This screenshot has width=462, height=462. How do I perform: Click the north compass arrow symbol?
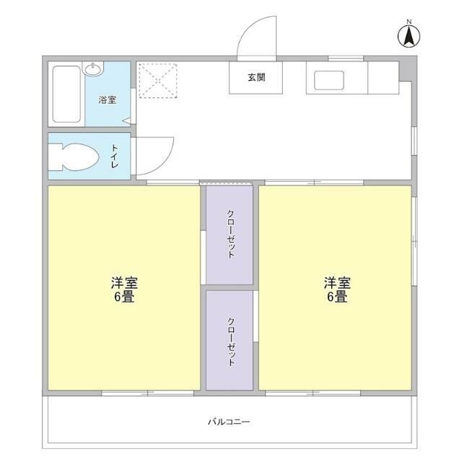click(409, 36)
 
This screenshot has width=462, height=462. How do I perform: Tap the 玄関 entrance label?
click(256, 77)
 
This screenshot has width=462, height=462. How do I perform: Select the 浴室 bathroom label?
click(108, 100)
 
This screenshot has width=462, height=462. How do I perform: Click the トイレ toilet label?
click(115, 156)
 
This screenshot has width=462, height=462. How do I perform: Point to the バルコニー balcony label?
click(229, 422)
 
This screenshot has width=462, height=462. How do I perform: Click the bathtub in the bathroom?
click(66, 95)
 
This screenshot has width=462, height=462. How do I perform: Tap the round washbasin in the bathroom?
click(93, 69)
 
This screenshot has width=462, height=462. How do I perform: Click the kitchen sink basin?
click(329, 80)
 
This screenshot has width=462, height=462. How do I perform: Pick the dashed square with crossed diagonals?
click(158, 80)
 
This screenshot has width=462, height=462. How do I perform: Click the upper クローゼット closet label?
click(231, 234)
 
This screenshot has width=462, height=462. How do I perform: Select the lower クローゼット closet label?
click(231, 341)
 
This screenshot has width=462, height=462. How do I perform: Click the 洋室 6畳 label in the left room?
click(124, 289)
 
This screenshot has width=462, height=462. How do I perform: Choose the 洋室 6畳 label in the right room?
click(337, 289)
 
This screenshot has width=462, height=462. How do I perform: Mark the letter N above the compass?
click(409, 22)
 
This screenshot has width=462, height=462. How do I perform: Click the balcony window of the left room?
click(147, 393)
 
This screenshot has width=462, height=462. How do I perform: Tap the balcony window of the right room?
click(313, 393)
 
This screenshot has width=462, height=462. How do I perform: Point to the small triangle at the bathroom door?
click(127, 121)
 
